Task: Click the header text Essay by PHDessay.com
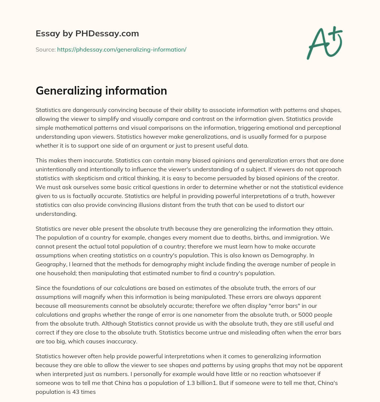[87, 34]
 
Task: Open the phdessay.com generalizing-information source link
[122, 49]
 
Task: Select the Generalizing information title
[101, 91]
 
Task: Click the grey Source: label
[45, 49]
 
